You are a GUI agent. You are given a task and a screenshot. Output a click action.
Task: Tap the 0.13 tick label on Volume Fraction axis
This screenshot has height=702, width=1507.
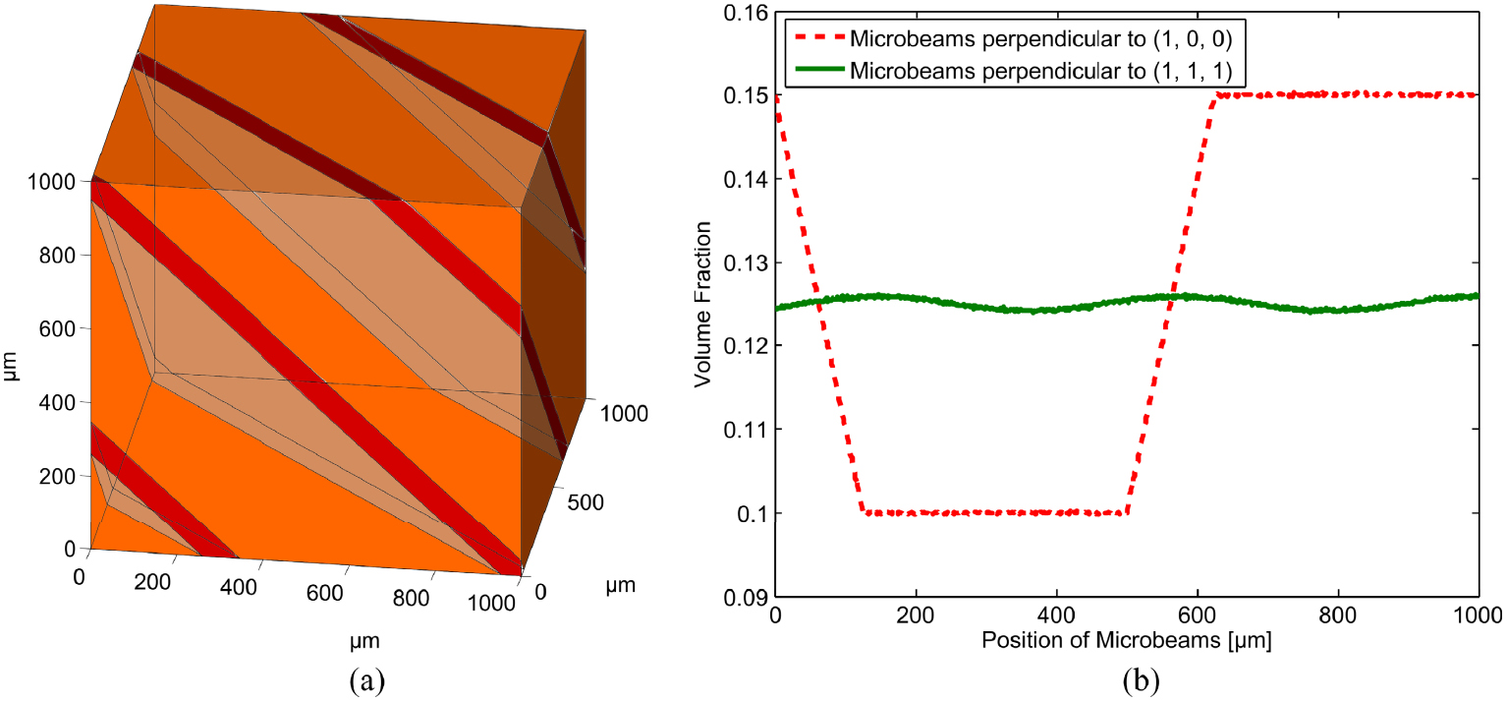[742, 263]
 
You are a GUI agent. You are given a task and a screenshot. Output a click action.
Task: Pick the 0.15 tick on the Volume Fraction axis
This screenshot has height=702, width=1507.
[742, 95]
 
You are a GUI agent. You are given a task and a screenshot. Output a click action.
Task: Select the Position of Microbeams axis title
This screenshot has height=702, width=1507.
[1127, 642]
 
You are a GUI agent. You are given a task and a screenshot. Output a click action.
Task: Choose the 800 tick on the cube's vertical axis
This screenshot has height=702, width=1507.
[61, 256]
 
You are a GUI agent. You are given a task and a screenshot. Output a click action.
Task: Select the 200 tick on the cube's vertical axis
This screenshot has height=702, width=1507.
[61, 476]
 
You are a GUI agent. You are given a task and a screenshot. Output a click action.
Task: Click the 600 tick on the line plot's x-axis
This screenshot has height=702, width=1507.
[1198, 616]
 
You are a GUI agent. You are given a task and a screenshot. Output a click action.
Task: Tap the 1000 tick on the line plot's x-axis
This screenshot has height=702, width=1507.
[1479, 616]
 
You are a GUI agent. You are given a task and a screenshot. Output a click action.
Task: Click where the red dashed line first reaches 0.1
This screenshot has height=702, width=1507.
[863, 511]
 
